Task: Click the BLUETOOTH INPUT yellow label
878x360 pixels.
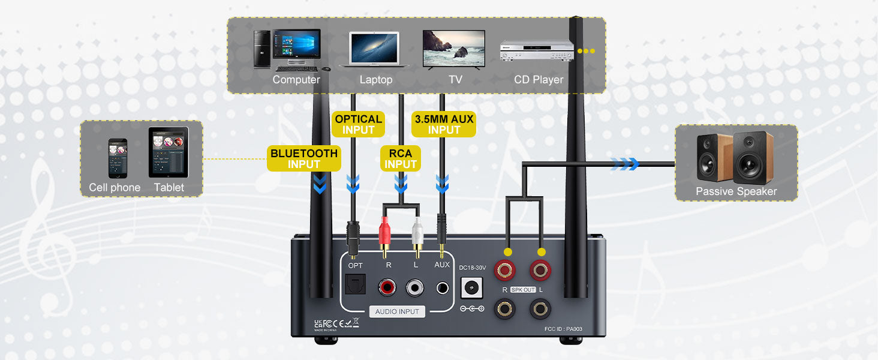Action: point(304,158)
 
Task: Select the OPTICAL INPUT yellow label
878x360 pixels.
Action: point(359,124)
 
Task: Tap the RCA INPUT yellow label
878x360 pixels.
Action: point(401,159)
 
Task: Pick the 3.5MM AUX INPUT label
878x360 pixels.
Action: point(444,124)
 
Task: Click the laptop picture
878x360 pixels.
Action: point(374,49)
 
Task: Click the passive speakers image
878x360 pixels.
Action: point(735,157)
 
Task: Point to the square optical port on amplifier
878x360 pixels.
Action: point(353,286)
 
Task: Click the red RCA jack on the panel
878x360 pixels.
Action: point(387,287)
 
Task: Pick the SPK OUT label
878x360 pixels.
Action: point(523,290)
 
